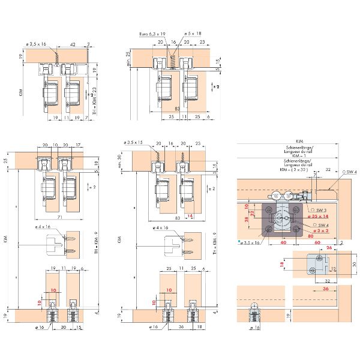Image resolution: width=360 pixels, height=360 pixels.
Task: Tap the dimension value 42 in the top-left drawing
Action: coord(71,44)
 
